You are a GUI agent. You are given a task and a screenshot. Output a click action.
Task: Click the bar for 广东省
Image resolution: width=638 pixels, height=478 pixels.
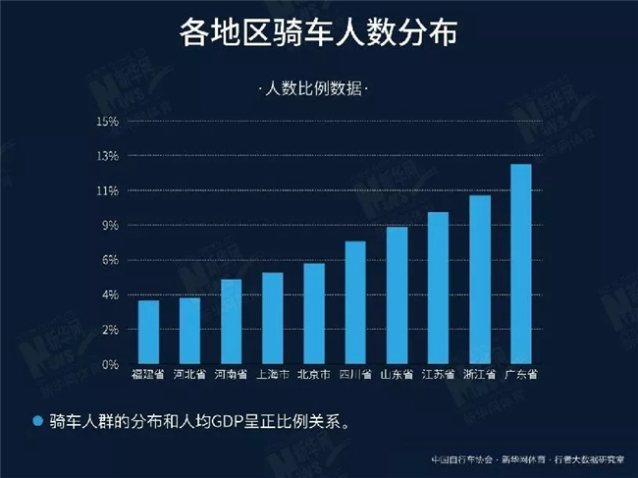click(521, 264)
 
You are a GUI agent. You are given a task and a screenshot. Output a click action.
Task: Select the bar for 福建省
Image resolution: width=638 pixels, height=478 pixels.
click(148, 332)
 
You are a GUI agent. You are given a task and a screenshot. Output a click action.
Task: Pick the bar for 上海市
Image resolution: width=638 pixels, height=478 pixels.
click(272, 318)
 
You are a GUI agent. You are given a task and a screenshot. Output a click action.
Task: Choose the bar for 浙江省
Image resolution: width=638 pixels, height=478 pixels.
click(480, 280)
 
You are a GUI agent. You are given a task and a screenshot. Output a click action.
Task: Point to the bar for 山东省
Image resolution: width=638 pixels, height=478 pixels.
click(397, 295)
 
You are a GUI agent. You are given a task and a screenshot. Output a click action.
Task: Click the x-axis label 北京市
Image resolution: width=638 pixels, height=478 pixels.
click(314, 374)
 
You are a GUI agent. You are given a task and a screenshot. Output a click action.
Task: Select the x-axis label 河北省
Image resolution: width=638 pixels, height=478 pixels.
click(189, 374)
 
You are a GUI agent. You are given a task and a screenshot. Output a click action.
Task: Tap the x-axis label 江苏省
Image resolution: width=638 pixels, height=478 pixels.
click(438, 374)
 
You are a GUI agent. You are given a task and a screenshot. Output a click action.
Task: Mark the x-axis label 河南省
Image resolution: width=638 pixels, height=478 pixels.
click(231, 374)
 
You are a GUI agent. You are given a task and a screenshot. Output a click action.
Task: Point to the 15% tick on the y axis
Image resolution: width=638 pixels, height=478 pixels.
click(107, 122)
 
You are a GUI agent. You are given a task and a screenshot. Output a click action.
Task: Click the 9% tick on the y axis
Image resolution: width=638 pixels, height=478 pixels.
click(109, 226)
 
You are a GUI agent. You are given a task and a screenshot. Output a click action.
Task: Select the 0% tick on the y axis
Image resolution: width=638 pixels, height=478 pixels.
click(109, 364)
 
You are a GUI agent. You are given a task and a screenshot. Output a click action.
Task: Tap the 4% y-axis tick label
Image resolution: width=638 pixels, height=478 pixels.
click(109, 294)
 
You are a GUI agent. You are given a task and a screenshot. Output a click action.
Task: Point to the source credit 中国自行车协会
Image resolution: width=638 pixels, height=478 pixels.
click(459, 459)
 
